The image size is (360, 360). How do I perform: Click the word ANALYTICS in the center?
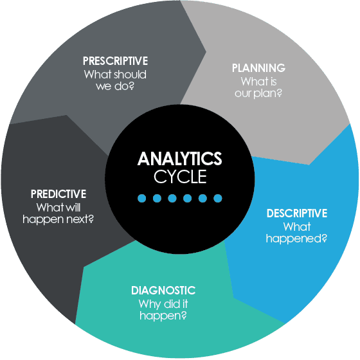180,158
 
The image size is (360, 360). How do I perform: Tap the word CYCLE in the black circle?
180,177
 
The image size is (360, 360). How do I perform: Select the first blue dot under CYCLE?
142,198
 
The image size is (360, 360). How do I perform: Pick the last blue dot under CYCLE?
218,198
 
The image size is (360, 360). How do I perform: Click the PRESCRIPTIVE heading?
115,61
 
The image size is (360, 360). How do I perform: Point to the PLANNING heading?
258,68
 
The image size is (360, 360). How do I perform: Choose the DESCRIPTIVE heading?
297,213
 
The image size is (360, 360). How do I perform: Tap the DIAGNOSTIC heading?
163,291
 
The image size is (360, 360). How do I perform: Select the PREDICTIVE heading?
59,194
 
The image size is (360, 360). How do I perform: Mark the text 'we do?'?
115,86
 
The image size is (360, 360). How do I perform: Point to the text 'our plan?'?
258,93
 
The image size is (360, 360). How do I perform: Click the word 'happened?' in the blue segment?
296,239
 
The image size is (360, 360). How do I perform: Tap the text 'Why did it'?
163,304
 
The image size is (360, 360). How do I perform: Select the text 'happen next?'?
59,219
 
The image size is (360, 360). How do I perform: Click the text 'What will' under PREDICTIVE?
59,207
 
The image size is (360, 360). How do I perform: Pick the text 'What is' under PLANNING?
258,81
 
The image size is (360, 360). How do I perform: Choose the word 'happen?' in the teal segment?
163,316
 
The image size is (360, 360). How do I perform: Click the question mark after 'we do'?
131,86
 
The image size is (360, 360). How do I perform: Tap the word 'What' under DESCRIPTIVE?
297,227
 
